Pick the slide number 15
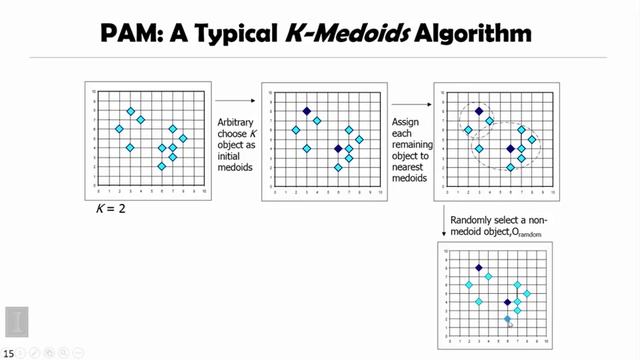click(x=8, y=352)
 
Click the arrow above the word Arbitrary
click(x=236, y=100)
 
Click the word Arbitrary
click(x=236, y=121)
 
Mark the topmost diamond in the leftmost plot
click(x=130, y=111)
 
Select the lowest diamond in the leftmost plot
click(x=161, y=166)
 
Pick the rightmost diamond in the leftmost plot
click(x=182, y=138)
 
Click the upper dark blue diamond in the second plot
click(x=306, y=111)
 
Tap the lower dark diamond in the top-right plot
click(x=510, y=148)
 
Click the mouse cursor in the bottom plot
click(x=510, y=322)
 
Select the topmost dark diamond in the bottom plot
click(x=479, y=268)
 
